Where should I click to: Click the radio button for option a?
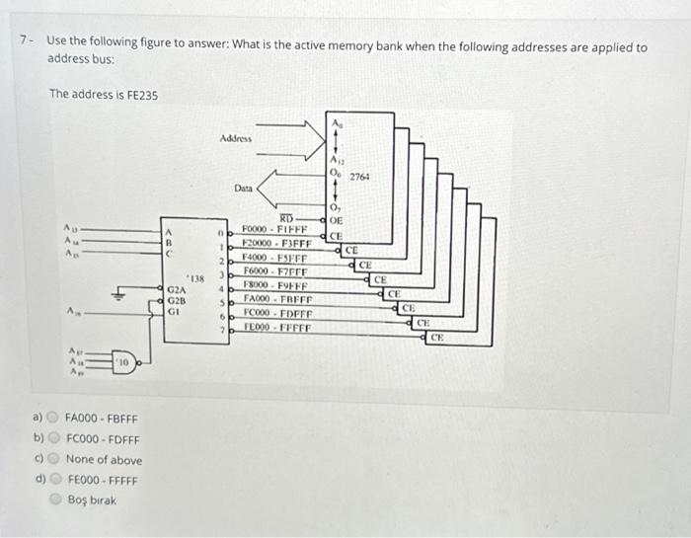coord(54,420)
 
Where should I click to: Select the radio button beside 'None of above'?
coord(54,459)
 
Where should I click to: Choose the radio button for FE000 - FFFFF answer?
coord(54,480)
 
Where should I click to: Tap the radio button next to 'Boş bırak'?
coord(54,500)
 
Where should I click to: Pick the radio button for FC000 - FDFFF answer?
coord(54,439)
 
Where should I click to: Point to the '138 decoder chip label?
coord(196,279)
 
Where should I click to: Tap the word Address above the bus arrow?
coord(236,139)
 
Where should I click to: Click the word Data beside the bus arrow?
coord(244,187)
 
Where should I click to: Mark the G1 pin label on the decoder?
coord(175,310)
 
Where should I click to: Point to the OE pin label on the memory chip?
coord(336,221)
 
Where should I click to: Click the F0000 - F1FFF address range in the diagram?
coord(276,229)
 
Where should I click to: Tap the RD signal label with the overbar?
coord(287,217)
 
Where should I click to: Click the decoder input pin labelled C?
coord(170,253)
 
